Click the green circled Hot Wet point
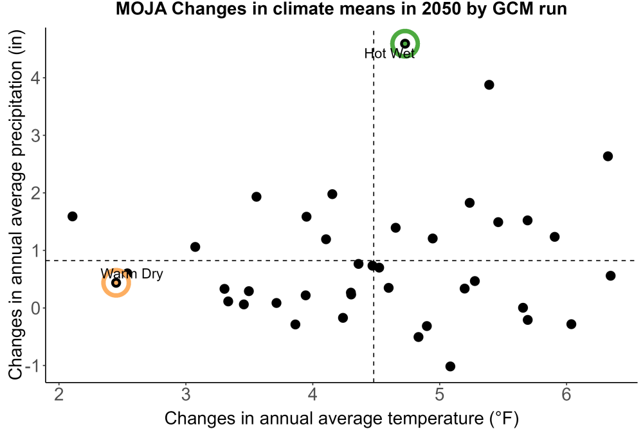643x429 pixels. pyautogui.click(x=405, y=44)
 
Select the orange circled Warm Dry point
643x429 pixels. pyautogui.click(x=116, y=282)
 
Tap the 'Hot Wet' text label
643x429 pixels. pyautogui.click(x=390, y=54)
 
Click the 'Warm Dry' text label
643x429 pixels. pyautogui.click(x=132, y=273)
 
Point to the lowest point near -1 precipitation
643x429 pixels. pyautogui.click(x=450, y=366)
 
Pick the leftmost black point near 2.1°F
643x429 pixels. pyautogui.click(x=72, y=216)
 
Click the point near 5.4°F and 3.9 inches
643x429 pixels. pyautogui.click(x=489, y=85)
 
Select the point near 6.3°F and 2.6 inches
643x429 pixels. pyautogui.click(x=608, y=156)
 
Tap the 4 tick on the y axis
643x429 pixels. pyautogui.click(x=35, y=78)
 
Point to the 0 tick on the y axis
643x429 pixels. pyautogui.click(x=36, y=308)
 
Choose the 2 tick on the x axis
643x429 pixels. pyautogui.click(x=59, y=394)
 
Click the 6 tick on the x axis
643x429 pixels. pyautogui.click(x=566, y=394)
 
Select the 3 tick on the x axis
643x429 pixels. pyautogui.click(x=186, y=394)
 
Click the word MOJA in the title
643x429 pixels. pyautogui.click(x=141, y=8)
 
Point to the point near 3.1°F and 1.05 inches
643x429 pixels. pyautogui.click(x=195, y=247)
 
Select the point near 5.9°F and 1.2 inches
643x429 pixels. pyautogui.click(x=554, y=237)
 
